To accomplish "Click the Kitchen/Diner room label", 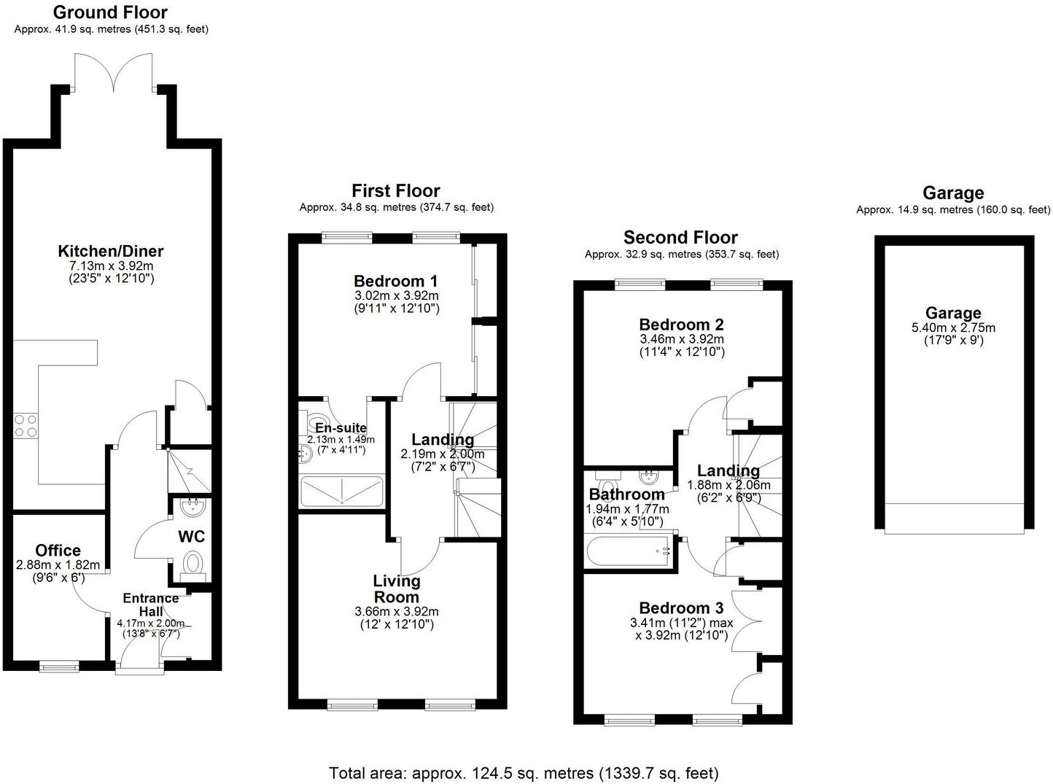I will point(111,252).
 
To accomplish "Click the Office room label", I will point(58,551).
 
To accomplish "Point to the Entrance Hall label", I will point(150,605).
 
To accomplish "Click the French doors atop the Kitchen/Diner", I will point(113,73).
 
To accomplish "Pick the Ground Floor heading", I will point(110,12).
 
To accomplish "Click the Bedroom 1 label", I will point(396,282).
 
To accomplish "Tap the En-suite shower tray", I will point(341,491).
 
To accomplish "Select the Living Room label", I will point(397,589).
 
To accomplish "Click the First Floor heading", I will point(396,191).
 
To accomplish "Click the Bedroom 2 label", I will point(681,325).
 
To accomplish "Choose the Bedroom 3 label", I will point(681,608).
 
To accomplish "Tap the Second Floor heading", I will point(680,238).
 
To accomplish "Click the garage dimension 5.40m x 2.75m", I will point(953,328).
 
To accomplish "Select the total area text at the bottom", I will point(524,773).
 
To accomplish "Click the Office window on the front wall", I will point(59,665).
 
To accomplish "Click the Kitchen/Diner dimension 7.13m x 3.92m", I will point(111,265).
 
